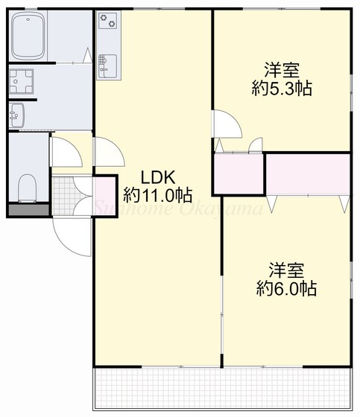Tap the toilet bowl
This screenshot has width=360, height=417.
28,185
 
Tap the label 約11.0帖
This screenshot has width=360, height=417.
157,197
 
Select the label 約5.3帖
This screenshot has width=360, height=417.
281,89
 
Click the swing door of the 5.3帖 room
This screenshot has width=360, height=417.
224,125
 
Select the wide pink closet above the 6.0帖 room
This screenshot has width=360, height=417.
307,174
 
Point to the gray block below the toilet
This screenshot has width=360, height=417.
28,210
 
